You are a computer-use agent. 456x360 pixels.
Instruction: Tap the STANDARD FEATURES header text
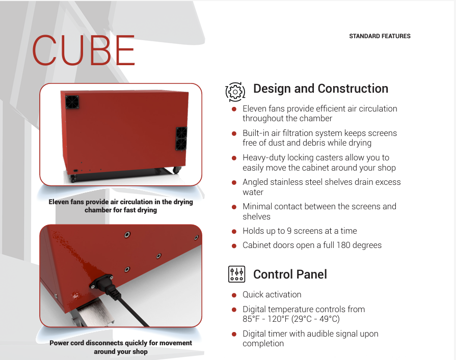pyautogui.click(x=380, y=36)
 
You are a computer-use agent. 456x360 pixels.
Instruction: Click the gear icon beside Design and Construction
pyautogui.click(x=235, y=91)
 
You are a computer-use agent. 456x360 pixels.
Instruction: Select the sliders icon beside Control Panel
pyautogui.click(x=236, y=274)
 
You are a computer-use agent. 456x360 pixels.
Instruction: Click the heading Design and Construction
pyautogui.click(x=320, y=89)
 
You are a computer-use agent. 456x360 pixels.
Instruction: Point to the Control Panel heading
pyautogui.click(x=290, y=274)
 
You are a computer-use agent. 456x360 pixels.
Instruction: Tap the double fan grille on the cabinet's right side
pyautogui.click(x=181, y=139)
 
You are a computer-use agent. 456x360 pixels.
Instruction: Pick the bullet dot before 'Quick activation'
pyautogui.click(x=234, y=295)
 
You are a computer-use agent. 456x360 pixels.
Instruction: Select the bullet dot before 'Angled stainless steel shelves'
pyautogui.click(x=234, y=182)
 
